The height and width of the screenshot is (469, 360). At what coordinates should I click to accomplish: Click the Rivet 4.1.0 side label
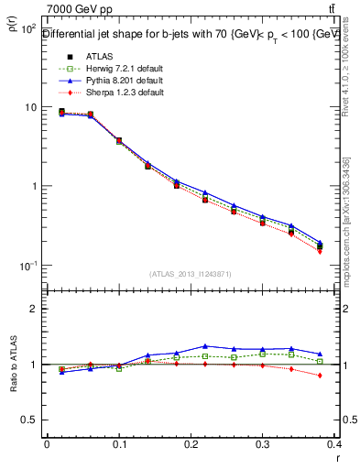click(348, 64)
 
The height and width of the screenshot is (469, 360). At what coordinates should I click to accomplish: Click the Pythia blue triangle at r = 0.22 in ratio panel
click(204, 346)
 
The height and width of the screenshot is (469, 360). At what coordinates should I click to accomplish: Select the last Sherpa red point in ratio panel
click(346, 376)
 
